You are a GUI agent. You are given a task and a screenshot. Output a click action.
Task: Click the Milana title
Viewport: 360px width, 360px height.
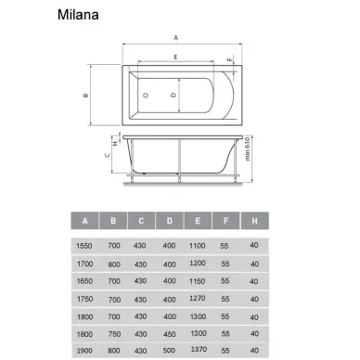[78, 15]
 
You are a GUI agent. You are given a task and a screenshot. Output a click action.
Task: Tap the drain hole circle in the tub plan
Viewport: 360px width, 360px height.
[145, 96]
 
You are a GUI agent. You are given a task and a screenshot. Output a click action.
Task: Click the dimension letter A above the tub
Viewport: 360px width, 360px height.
[176, 38]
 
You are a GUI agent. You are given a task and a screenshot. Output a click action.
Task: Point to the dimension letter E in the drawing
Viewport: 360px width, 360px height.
[175, 58]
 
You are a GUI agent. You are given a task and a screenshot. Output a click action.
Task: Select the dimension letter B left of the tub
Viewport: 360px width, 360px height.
[86, 96]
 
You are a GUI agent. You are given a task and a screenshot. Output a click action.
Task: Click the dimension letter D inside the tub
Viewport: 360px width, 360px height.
[174, 95]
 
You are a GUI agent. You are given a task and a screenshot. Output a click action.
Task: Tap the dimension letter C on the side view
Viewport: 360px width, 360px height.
[108, 155]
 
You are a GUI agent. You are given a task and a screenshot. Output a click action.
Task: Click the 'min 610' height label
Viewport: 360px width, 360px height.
[248, 148]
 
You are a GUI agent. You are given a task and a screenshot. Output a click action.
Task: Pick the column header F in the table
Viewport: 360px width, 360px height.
[225, 221]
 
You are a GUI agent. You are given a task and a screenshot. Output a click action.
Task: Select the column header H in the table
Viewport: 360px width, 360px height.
[254, 221]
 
